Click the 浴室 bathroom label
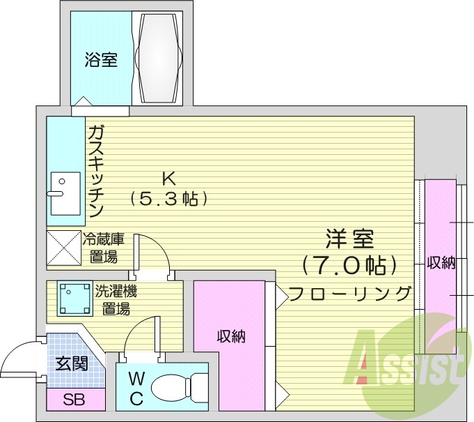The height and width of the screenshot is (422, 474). (x=101, y=60)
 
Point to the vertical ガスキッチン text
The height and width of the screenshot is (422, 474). (x=96, y=171)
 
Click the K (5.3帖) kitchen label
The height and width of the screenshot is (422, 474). (x=168, y=189)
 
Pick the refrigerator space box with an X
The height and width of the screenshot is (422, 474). (x=64, y=248)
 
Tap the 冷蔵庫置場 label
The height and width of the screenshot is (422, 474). (x=103, y=248)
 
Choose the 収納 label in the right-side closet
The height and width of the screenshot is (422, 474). (x=441, y=263)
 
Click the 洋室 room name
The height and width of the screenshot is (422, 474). (x=349, y=239)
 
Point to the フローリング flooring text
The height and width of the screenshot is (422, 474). (x=349, y=294)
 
